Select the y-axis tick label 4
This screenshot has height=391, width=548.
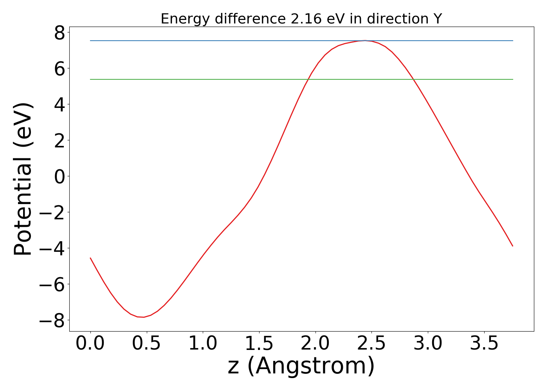point(60,104)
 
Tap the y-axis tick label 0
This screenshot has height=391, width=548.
point(60,176)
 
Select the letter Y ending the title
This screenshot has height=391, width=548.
point(438,19)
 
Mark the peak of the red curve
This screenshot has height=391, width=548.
point(365,40)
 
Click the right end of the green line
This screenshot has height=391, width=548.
point(513,79)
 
